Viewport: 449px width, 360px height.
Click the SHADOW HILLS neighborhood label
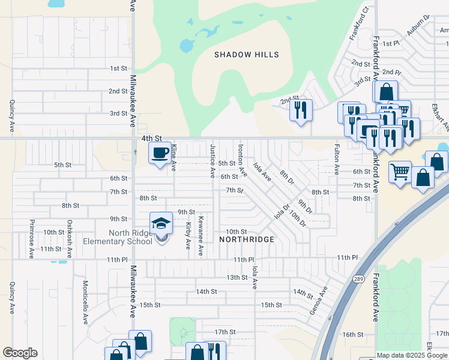pyautogui.click(x=247, y=55)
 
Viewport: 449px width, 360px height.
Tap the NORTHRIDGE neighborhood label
pyautogui.click(x=247, y=239)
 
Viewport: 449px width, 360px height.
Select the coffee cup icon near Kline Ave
pyautogui.click(x=159, y=153)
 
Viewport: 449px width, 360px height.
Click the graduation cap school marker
pyautogui.click(x=161, y=224)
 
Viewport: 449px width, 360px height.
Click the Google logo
pyautogui.click(x=20, y=353)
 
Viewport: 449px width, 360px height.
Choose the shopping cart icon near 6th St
pyautogui.click(x=400, y=172)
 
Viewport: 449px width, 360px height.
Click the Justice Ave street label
pyautogui.click(x=212, y=161)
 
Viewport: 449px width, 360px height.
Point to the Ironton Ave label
pyautogui.click(x=243, y=160)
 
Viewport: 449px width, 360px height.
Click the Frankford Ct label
pyautogui.click(x=358, y=25)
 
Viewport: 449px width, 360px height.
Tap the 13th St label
pyautogui.click(x=237, y=277)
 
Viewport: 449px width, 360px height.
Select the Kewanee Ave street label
pyautogui.click(x=200, y=236)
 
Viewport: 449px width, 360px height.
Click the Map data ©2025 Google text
pyautogui.click(x=412, y=355)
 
